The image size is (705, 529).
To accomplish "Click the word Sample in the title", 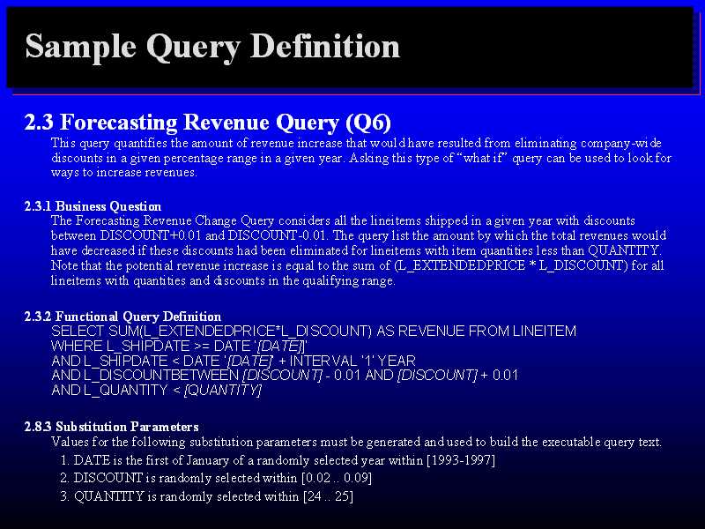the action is coord(80,47).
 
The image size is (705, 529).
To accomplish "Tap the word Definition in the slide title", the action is coord(324,46).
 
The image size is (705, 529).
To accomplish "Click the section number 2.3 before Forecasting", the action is coord(39,123).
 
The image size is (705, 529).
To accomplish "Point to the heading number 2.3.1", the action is coord(38,206).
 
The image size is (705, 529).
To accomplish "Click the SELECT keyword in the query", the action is coord(78,332).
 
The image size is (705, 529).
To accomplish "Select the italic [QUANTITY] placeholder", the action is coord(223,390).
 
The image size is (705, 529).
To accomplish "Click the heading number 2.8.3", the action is coord(38,427).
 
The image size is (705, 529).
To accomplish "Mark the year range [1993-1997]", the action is coord(460,460).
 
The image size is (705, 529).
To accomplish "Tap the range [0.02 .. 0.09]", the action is coord(337,478).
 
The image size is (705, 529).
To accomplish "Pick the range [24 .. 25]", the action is coord(328,496).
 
